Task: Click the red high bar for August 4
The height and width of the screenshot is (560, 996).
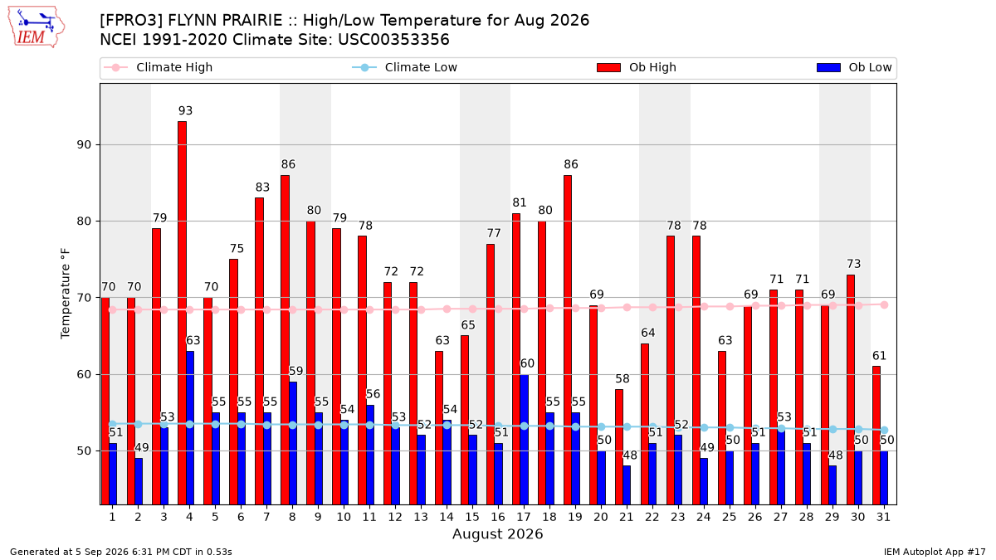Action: tap(182, 313)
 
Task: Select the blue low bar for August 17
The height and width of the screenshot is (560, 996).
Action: tap(525, 440)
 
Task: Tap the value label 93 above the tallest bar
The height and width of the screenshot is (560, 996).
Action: tap(185, 110)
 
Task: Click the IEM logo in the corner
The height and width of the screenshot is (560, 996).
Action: tap(36, 27)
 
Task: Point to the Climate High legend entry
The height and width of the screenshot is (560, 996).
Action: tap(158, 67)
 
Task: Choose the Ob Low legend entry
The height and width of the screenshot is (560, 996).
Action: tap(854, 67)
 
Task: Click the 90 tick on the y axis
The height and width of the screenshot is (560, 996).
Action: tap(84, 145)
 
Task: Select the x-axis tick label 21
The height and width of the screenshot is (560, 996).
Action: tap(626, 517)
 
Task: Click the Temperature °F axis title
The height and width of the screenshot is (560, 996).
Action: tap(66, 294)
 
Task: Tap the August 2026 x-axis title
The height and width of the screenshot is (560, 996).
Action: tap(497, 533)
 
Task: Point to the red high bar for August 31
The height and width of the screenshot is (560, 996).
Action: tap(876, 436)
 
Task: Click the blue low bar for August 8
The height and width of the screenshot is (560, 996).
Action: tap(293, 444)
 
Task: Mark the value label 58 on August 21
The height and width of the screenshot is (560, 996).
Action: tap(622, 378)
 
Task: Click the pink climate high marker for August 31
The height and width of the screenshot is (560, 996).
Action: tap(884, 305)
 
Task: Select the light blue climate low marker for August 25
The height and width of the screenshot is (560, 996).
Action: tap(730, 427)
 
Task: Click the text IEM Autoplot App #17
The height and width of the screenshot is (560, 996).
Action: tap(935, 552)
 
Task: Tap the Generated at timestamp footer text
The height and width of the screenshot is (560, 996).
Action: tap(121, 552)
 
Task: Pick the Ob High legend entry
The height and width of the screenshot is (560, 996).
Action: tap(637, 67)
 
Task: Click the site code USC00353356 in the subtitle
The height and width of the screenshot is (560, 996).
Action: tap(393, 40)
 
